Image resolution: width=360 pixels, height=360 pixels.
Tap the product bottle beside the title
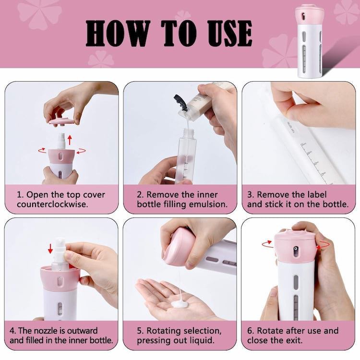(x=310, y=41)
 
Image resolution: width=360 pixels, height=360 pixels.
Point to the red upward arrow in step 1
(x=70, y=140)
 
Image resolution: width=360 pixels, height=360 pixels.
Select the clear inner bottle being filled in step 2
(x=186, y=156)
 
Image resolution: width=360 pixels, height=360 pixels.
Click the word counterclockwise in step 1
(x=52, y=204)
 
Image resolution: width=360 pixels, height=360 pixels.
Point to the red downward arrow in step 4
(x=50, y=249)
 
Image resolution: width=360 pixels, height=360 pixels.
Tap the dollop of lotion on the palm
(x=180, y=304)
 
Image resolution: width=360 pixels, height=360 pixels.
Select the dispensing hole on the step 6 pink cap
(x=296, y=249)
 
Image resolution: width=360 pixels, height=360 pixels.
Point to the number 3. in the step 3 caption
(x=251, y=194)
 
